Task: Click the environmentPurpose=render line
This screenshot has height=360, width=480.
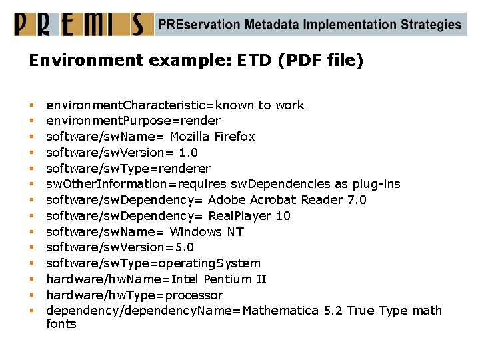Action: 133,121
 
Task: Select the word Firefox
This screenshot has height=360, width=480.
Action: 234,137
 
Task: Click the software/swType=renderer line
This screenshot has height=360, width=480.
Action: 128,168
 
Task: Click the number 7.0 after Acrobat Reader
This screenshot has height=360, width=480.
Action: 353,200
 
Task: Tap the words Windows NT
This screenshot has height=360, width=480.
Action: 207,232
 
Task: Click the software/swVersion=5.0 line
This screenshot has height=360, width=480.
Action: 120,247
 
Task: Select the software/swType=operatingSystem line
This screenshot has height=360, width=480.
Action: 153,263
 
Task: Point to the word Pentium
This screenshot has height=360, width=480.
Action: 227,279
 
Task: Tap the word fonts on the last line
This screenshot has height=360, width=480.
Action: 61,324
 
